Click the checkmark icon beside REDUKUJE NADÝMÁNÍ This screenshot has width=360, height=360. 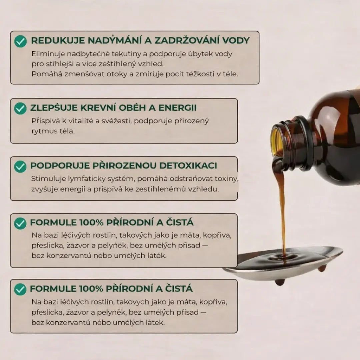click(x=20, y=41)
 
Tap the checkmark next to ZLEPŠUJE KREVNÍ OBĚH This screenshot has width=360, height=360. click(x=20, y=108)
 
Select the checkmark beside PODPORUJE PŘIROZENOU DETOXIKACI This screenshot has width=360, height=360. click(x=20, y=166)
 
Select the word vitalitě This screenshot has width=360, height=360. click(x=78, y=121)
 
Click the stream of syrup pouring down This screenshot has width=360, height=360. click(x=282, y=207)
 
